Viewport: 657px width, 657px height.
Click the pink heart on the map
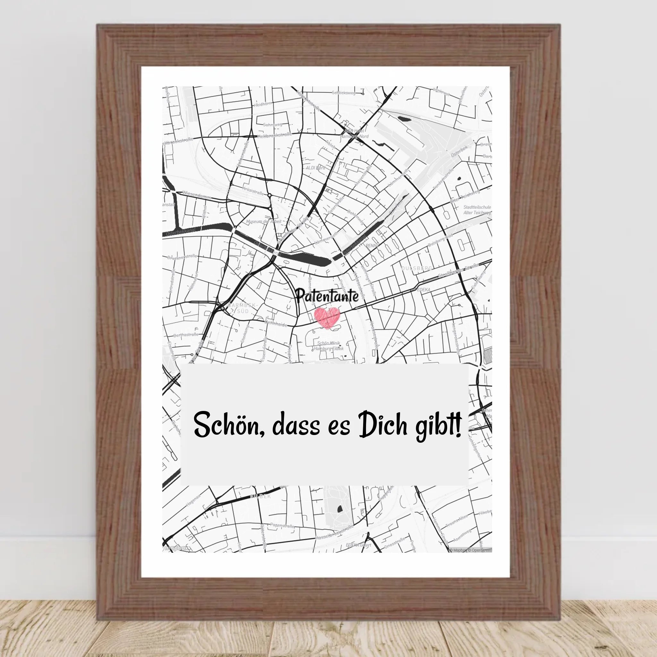click(x=327, y=316)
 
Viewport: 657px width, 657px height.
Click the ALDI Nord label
click(x=315, y=168)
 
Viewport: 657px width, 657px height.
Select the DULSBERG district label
click(x=417, y=268)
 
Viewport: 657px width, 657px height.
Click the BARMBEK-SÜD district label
click(x=243, y=308)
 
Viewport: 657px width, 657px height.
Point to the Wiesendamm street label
click(x=197, y=195)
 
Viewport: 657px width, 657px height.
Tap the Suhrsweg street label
click(x=272, y=125)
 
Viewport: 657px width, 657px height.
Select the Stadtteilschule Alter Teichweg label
click(x=477, y=210)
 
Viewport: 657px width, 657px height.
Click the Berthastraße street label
click(x=186, y=335)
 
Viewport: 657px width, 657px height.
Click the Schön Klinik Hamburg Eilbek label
click(x=328, y=346)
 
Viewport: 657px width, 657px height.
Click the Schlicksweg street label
click(x=344, y=92)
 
